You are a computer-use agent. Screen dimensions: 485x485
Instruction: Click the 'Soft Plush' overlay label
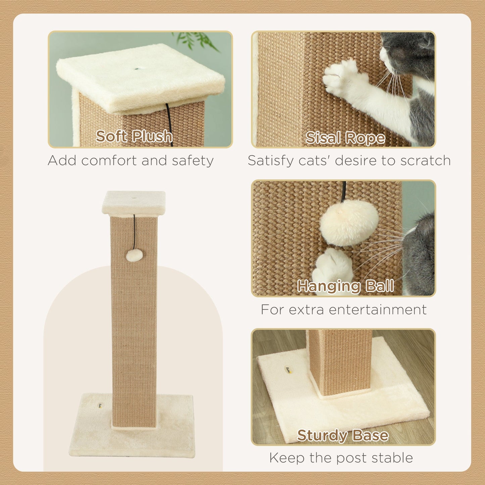coord(134,136)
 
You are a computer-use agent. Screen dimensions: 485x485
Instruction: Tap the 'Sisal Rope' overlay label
coord(345,138)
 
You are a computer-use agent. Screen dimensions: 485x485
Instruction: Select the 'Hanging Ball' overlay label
coord(345,286)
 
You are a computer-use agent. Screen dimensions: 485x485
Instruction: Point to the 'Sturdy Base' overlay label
coord(343,435)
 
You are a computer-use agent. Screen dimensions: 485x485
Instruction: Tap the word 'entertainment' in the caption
coord(378,309)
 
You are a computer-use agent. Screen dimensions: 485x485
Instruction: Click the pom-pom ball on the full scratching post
coord(134,255)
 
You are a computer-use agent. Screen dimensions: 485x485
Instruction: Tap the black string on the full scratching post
coord(134,232)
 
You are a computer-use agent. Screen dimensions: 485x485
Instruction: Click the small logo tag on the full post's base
coord(100,405)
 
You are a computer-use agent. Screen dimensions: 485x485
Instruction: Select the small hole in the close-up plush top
coord(137,69)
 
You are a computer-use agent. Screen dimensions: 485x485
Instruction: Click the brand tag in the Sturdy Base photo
coord(288,370)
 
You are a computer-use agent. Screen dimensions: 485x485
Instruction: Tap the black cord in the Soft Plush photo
coord(169,124)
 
